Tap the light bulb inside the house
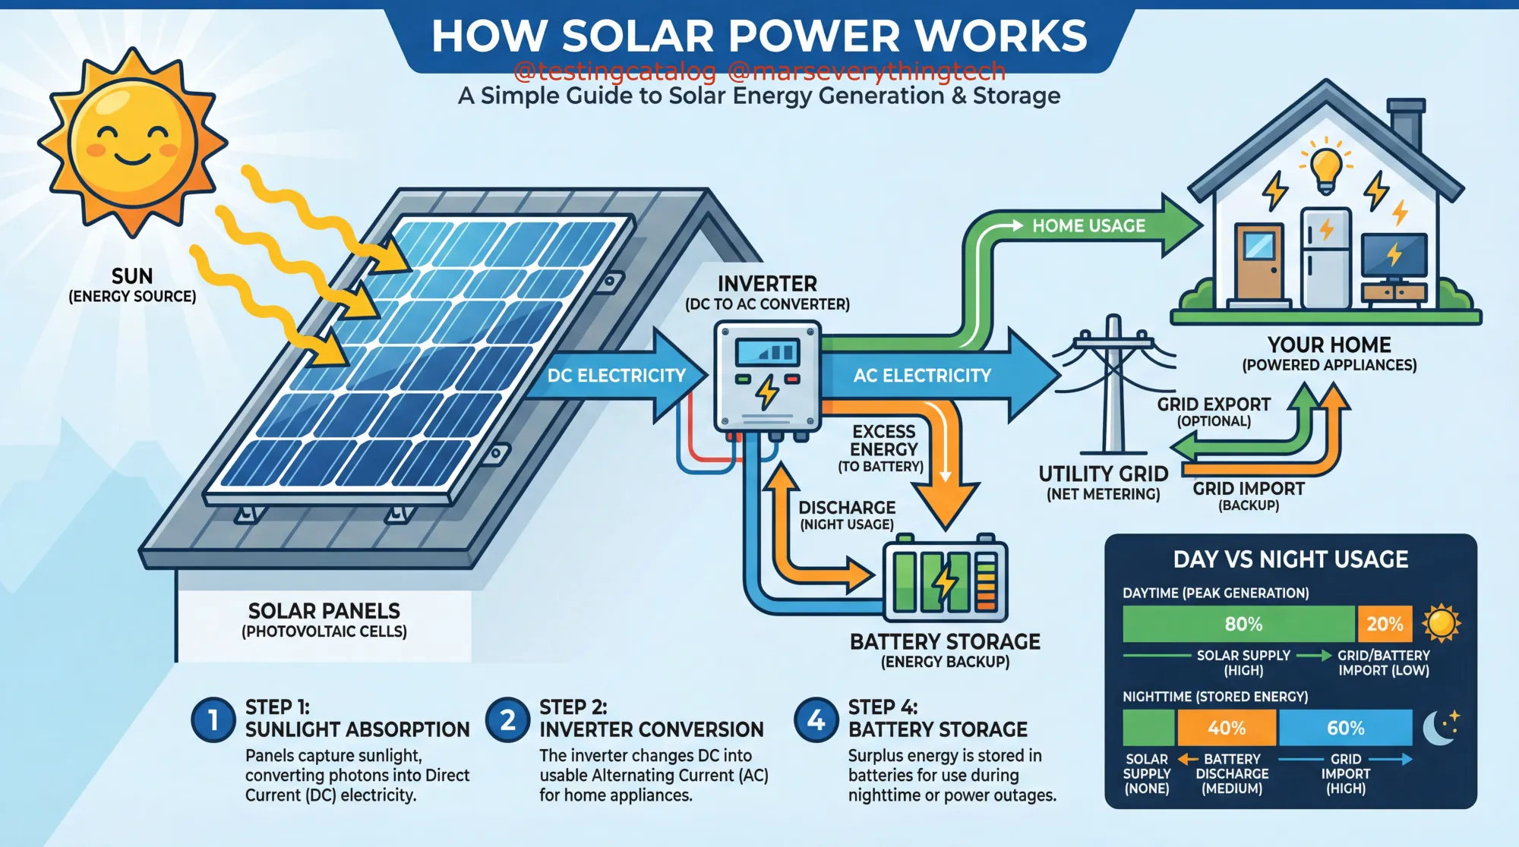[1326, 168]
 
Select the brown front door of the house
[1259, 262]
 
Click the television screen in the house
[1394, 255]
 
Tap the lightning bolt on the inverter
[767, 392]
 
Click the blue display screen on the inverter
[767, 352]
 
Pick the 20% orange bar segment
[1385, 624]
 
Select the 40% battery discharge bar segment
[1227, 728]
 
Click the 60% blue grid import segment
[1345, 728]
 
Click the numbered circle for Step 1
[213, 719]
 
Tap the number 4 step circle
[816, 719]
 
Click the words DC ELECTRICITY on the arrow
[616, 376]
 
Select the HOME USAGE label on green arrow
[1088, 225]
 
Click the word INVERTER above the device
[767, 284]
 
